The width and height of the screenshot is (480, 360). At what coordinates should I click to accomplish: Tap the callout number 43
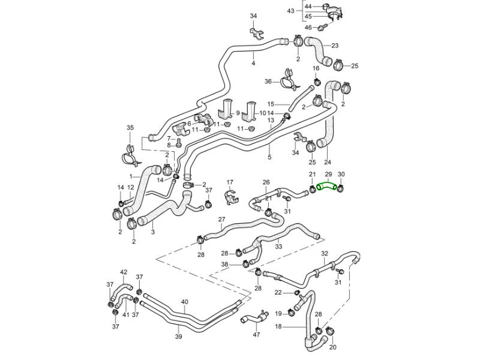(x=290, y=11)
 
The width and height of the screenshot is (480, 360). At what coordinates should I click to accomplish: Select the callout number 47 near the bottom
(x=257, y=335)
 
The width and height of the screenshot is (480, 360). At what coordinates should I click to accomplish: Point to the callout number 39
(x=178, y=337)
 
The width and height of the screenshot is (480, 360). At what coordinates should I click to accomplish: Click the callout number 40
(x=184, y=302)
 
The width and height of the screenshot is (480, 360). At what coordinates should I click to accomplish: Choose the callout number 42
(x=124, y=272)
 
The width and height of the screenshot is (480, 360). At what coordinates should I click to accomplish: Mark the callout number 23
(x=335, y=46)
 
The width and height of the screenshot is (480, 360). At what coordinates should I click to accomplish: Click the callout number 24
(x=327, y=162)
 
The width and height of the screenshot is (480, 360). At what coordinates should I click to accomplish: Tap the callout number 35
(x=130, y=128)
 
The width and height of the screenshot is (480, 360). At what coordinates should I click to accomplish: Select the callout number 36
(x=268, y=82)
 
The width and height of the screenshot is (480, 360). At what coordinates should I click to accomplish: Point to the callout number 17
(x=229, y=182)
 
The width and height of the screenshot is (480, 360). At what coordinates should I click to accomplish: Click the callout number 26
(x=266, y=182)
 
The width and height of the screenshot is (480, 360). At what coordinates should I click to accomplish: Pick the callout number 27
(x=221, y=220)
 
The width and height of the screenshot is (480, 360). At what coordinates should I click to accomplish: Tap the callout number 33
(x=278, y=246)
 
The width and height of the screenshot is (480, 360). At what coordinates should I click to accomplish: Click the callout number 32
(x=324, y=254)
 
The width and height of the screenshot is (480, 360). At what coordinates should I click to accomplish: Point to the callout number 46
(x=308, y=28)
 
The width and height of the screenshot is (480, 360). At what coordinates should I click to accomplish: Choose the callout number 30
(x=341, y=175)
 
